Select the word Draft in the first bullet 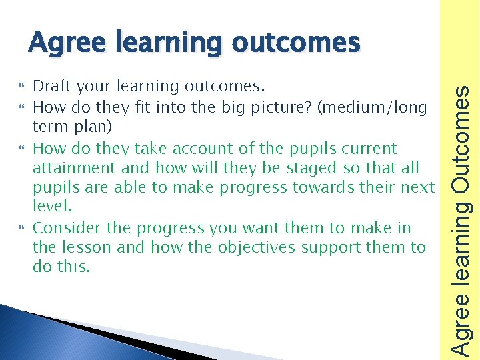coord(53,87)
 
